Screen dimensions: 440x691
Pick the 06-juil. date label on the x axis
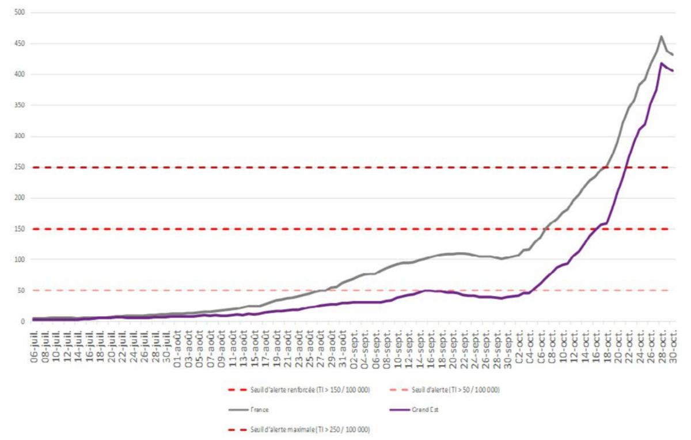coord(36,346)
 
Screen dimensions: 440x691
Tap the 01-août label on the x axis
coord(178,346)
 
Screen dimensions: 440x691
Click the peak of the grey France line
coord(661,36)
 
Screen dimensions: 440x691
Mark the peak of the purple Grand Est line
coord(661,63)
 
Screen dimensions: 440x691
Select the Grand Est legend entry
coord(424,409)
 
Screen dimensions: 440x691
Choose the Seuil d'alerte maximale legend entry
coord(310,430)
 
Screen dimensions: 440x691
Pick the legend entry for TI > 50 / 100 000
coord(455,390)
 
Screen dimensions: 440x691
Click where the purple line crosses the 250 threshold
coord(626,167)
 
